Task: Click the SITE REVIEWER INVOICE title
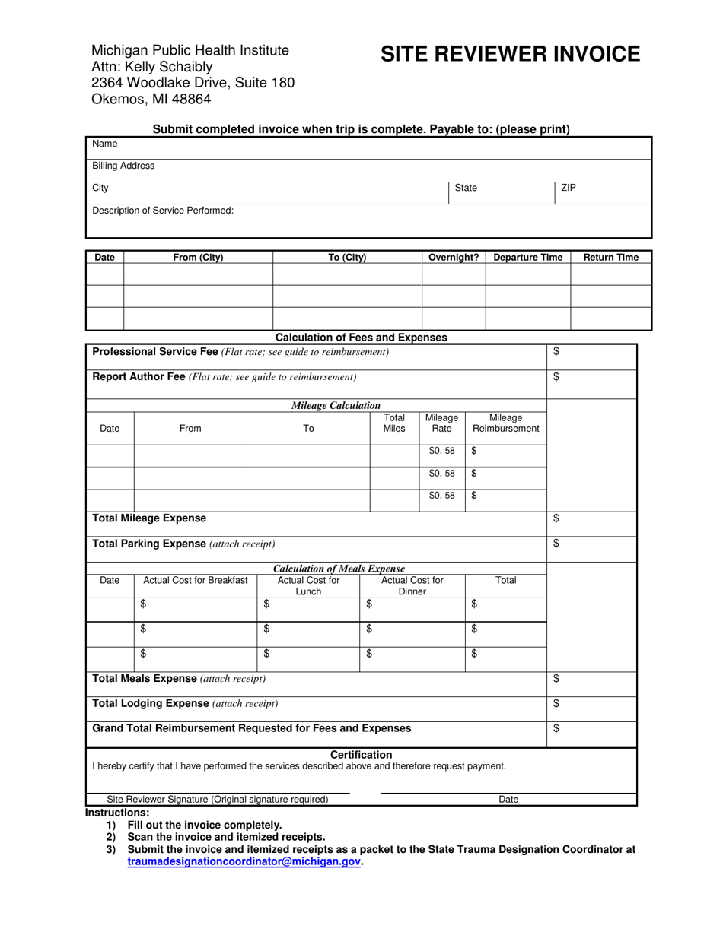pyautogui.click(x=510, y=54)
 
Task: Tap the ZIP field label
pyautogui.click(x=569, y=188)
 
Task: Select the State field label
pyautogui.click(x=466, y=188)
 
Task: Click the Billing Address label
pyautogui.click(x=123, y=166)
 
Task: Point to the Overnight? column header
pyautogui.click(x=454, y=258)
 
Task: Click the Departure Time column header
pyautogui.click(x=528, y=258)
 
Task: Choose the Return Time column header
pyautogui.click(x=611, y=258)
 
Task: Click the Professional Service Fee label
pyautogui.click(x=155, y=351)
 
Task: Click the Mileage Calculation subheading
pyautogui.click(x=336, y=406)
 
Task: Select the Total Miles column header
pyautogui.click(x=394, y=423)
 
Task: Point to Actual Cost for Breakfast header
pyautogui.click(x=196, y=581)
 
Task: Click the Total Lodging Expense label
pyautogui.click(x=151, y=703)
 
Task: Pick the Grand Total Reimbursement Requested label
pyautogui.click(x=251, y=728)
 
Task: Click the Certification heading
pyautogui.click(x=361, y=755)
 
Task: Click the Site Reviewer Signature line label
pyautogui.click(x=218, y=800)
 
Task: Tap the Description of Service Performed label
pyautogui.click(x=163, y=211)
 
